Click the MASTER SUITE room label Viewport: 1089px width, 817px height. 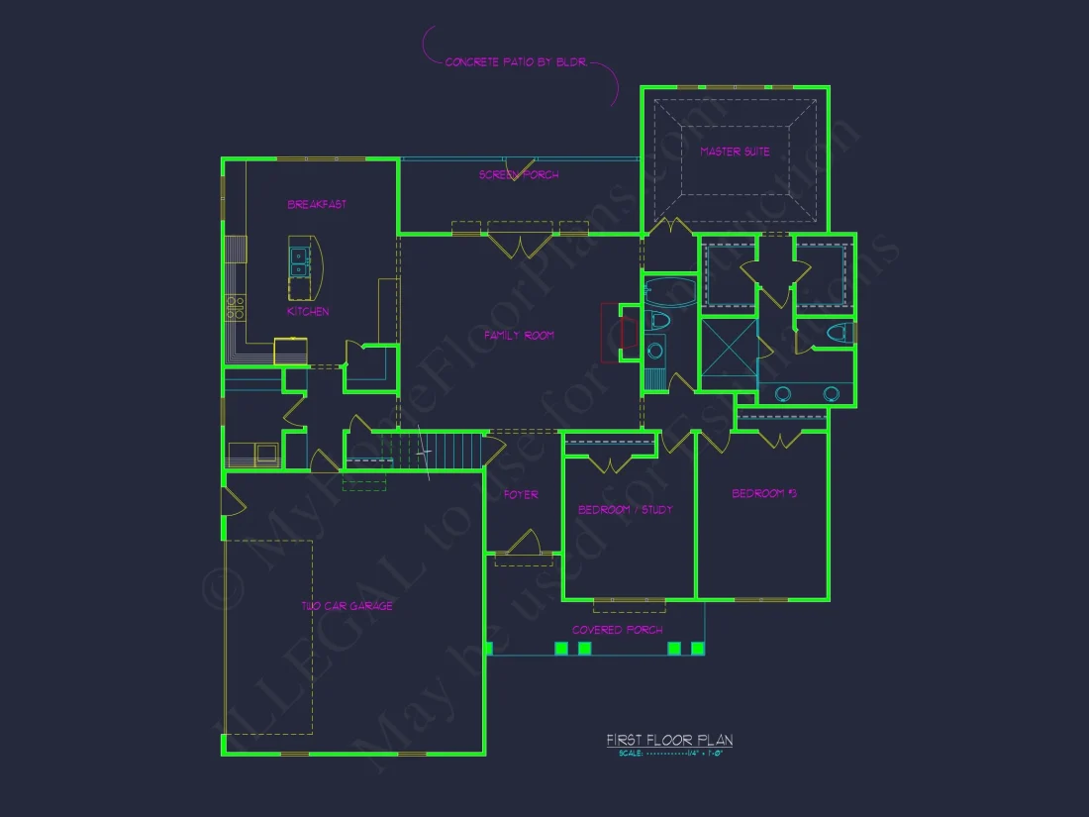pyautogui.click(x=735, y=152)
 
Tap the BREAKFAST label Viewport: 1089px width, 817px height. pyautogui.click(x=317, y=205)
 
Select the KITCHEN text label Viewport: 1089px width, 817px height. pyautogui.click(x=308, y=312)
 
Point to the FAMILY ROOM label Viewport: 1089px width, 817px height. pyautogui.click(x=519, y=336)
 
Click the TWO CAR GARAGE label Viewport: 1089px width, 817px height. pyautogui.click(x=346, y=606)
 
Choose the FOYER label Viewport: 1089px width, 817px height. pyautogui.click(x=521, y=494)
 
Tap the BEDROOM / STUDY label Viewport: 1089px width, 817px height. pyautogui.click(x=625, y=510)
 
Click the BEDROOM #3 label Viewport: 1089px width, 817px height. pyautogui.click(x=764, y=493)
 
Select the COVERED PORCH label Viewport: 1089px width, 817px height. pyautogui.click(x=617, y=630)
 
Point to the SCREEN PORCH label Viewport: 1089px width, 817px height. pyautogui.click(x=519, y=175)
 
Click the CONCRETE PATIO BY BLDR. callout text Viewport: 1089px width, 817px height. pyautogui.click(x=516, y=62)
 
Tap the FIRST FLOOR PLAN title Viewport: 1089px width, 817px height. pyautogui.click(x=669, y=741)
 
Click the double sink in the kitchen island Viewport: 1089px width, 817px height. pyautogui.click(x=300, y=260)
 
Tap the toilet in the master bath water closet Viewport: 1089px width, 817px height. pyautogui.click(x=836, y=333)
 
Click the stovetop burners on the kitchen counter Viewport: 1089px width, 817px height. pyautogui.click(x=236, y=308)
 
